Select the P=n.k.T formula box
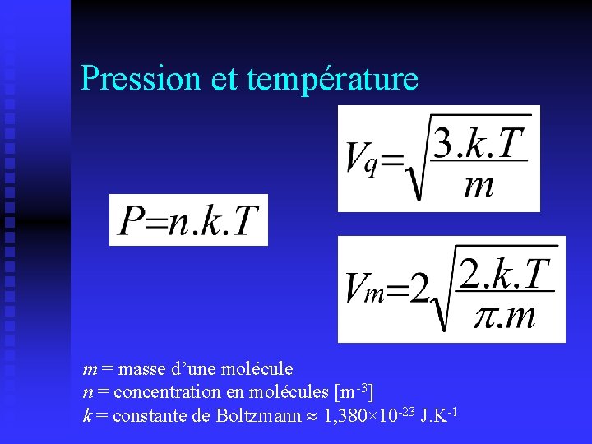pyautogui.click(x=188, y=220)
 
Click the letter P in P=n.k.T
pyautogui.click(x=129, y=220)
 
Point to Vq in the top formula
pyautogui.click(x=362, y=157)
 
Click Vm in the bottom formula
pyautogui.click(x=364, y=288)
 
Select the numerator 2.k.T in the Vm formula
pyautogui.click(x=505, y=273)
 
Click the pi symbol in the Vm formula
pyautogui.click(x=487, y=315)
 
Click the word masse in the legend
pyautogui.click(x=141, y=369)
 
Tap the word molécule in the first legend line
pyautogui.click(x=260, y=369)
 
